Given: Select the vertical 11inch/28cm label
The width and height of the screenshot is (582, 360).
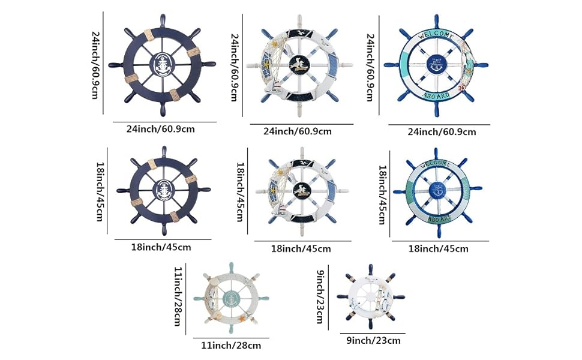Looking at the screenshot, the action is click(x=178, y=296).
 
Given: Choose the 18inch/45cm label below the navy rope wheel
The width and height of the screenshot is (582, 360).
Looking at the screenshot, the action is click(x=161, y=247).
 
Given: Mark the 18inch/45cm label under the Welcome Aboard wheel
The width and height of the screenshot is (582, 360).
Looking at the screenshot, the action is click(x=438, y=248).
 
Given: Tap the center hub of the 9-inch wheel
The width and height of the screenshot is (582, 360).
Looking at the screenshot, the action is click(x=371, y=298).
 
